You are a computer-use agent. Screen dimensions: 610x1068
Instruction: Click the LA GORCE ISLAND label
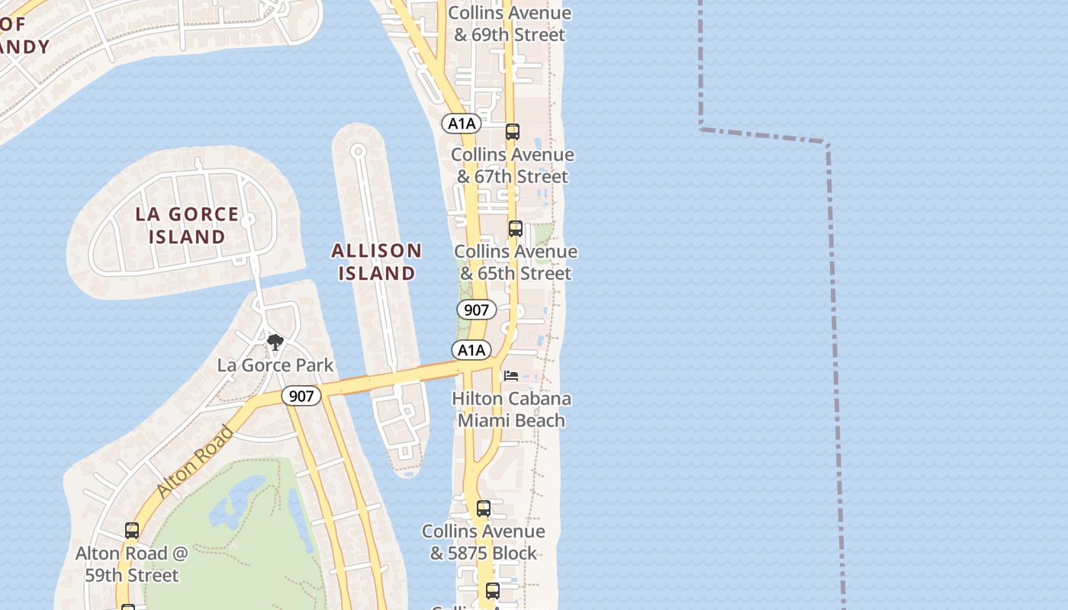pos(187,225)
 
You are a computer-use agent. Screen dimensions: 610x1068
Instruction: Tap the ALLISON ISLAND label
pos(377,262)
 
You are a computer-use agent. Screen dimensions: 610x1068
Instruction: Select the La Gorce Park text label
pos(275,365)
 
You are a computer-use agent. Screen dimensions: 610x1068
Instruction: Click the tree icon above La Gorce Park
pos(275,342)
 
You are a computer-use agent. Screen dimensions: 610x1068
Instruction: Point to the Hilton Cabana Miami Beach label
pos(511,409)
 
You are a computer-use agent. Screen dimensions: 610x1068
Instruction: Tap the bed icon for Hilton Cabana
pos(511,376)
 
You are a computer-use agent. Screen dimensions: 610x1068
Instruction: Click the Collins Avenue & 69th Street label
pos(510,24)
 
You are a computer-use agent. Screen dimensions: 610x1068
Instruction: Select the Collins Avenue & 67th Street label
pos(513,165)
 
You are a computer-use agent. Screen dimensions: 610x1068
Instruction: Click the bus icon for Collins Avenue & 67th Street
pos(513,132)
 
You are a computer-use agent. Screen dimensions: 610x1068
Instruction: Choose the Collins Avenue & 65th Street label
pos(516,262)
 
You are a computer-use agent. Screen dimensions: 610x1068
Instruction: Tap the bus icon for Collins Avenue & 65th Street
pos(516,229)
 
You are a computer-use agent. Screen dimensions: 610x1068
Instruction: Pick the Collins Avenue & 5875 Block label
pos(484,542)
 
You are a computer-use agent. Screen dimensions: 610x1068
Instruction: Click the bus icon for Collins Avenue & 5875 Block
pos(484,509)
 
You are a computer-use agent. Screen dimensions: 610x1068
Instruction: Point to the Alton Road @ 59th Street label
pos(132,564)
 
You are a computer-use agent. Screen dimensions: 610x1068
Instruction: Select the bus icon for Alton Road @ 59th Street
pos(132,531)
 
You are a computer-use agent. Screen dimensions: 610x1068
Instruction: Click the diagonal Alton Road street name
pos(195,463)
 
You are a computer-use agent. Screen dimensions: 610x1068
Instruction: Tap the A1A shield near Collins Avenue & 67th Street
pos(462,124)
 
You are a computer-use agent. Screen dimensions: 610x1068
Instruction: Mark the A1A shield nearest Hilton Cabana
pos(471,350)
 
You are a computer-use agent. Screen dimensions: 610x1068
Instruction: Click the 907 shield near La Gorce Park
pos(301,396)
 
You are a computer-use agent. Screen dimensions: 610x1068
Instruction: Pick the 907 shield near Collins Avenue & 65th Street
pos(476,310)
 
